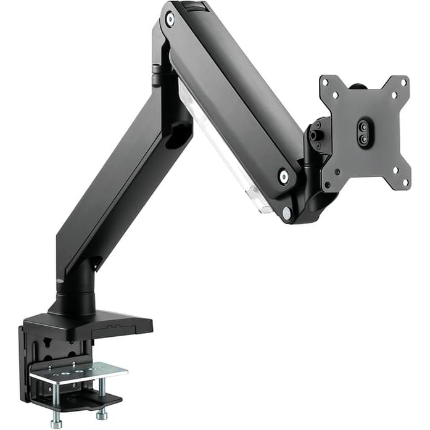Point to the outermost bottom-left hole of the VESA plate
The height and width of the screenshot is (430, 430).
(x=337, y=173)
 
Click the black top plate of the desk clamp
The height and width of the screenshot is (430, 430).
(x=93, y=324)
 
